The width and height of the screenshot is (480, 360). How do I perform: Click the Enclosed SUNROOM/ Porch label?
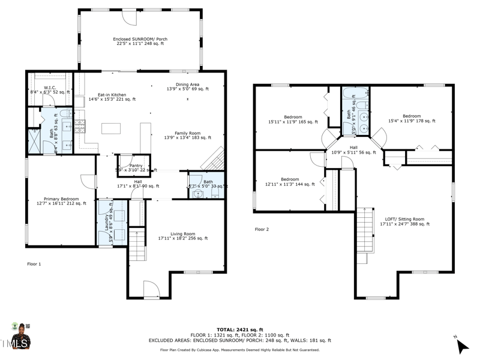coord(140,41)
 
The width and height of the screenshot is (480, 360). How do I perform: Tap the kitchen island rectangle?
coord(110,128)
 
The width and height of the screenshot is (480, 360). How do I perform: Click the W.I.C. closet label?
coord(50,90)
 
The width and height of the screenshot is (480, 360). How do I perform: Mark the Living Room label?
coord(181,236)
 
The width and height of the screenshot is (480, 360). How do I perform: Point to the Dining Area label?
coord(187,86)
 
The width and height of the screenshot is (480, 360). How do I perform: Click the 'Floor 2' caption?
coord(262,229)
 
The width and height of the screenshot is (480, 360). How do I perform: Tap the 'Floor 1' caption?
coord(34,263)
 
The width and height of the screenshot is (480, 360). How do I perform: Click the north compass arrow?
coord(462,346)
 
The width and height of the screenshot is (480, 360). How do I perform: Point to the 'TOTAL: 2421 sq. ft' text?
coord(239,329)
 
